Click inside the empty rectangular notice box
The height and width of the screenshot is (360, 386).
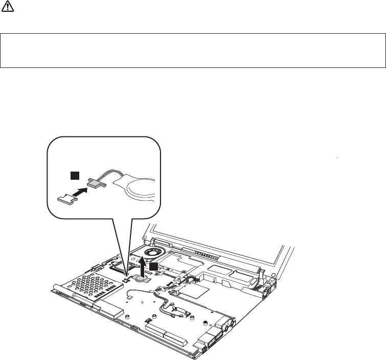193,51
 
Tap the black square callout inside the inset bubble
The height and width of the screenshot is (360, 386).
75,175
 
